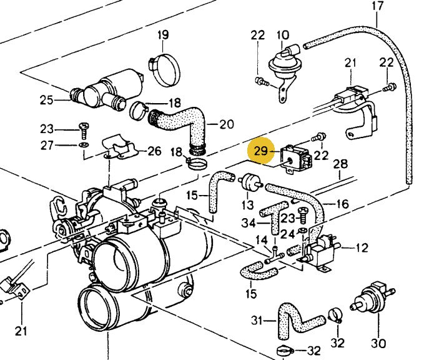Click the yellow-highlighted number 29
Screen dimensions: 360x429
pos(261,151)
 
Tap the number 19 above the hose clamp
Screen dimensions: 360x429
pos(163,35)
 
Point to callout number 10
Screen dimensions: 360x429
pos(282,35)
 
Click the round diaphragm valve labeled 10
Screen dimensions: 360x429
pos(281,64)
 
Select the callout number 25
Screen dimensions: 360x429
pos(46,99)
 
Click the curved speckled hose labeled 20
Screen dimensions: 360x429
pos(184,122)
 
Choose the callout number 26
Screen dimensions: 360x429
pos(154,151)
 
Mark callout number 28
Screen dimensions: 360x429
pos(340,164)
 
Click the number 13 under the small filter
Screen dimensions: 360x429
pos(247,205)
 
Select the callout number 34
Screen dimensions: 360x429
pos(248,223)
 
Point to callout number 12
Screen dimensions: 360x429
pos(362,248)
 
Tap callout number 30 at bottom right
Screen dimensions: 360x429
pos(378,343)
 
